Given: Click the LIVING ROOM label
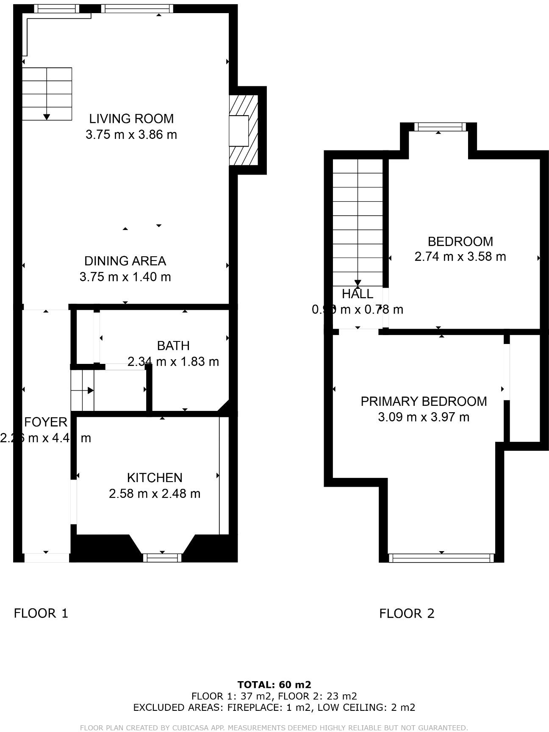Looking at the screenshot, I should point(131,119).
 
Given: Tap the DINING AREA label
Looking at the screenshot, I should point(125,261).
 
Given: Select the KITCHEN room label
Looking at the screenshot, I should point(155,478).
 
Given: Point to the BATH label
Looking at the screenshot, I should point(173,346).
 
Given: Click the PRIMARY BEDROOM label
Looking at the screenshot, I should point(424,401).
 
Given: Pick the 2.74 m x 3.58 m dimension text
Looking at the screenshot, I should point(460,257).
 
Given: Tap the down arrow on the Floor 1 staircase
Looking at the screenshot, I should point(47,116).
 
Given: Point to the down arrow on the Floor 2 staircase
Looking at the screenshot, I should point(358,283).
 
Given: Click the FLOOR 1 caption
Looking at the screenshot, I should point(41,613).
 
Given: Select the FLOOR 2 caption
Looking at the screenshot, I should point(407,613).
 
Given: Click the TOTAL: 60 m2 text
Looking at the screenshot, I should point(274,685).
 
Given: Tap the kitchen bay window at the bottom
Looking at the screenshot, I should point(162,558).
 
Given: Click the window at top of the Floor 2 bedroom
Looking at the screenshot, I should point(439,127).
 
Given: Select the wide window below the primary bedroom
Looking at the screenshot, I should point(441,558).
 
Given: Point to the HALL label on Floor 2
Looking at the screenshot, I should point(358,294).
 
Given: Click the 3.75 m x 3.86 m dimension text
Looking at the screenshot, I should point(131,135).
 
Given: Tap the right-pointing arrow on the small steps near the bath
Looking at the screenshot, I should point(91,391).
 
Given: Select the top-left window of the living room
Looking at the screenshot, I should point(56,8).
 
